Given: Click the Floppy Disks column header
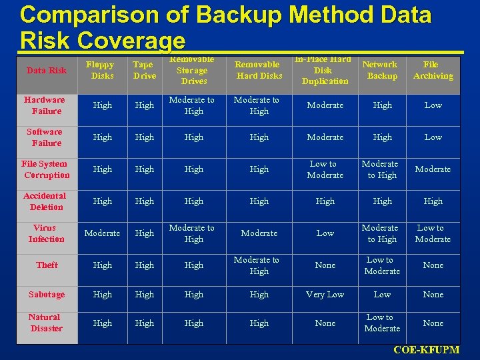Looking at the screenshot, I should tap(102, 70).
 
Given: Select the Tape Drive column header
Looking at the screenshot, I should tap(144, 70).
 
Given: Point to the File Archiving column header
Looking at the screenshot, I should tap(433, 70).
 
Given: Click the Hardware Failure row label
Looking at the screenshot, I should tap(45, 105).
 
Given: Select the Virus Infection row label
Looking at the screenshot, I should tap(47, 233).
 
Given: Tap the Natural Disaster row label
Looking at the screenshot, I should tap(45, 323).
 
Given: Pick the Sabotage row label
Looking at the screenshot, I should tap(47, 294).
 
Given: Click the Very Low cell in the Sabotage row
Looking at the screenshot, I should tap(325, 294).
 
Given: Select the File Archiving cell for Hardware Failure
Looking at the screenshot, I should tap(433, 105).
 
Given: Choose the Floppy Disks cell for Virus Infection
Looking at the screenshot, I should tap(102, 233).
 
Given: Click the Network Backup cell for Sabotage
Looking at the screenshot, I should tap(382, 294).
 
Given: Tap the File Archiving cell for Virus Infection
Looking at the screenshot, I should tap(433, 233).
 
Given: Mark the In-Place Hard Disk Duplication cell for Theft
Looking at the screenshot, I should tap(325, 265).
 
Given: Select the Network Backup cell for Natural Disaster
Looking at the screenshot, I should tap(382, 323).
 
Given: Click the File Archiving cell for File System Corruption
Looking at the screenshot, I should tap(433, 169).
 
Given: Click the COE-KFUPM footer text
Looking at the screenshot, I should tap(426, 350).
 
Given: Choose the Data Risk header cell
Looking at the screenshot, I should tap(47, 70).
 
